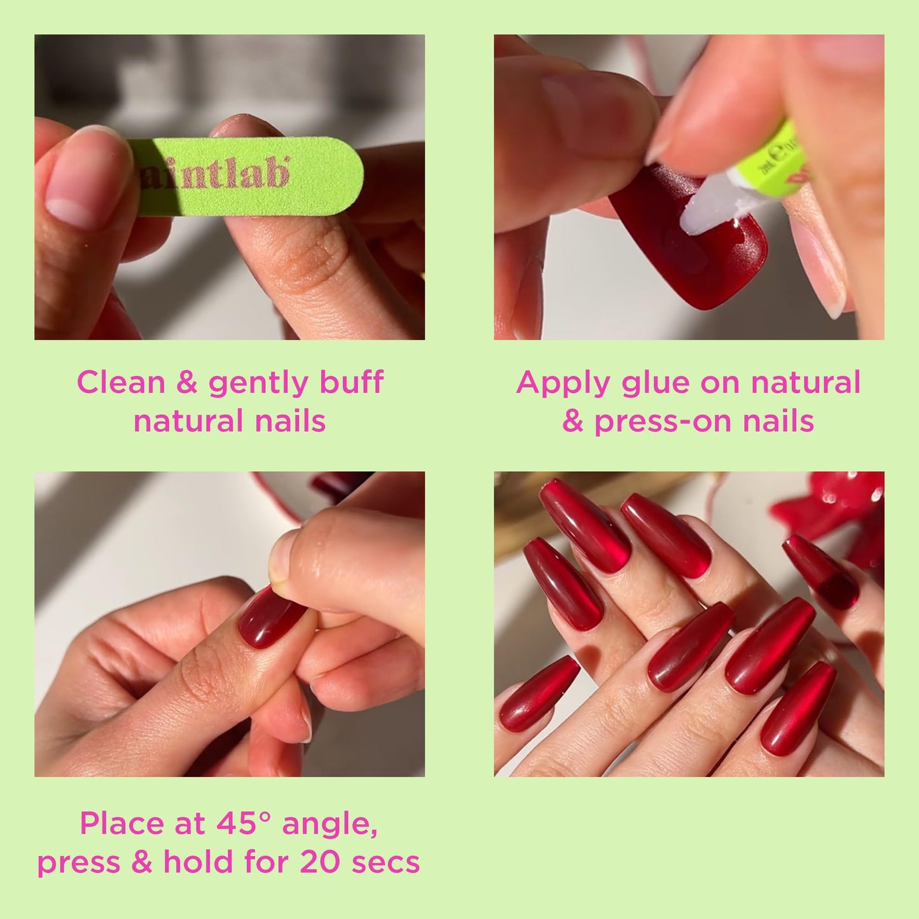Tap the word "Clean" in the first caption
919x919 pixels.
click(x=121, y=382)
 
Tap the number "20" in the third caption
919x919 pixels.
click(x=321, y=862)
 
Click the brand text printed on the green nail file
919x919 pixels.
click(x=214, y=173)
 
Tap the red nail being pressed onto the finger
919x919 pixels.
click(x=272, y=617)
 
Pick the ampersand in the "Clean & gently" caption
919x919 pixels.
click(x=187, y=382)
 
